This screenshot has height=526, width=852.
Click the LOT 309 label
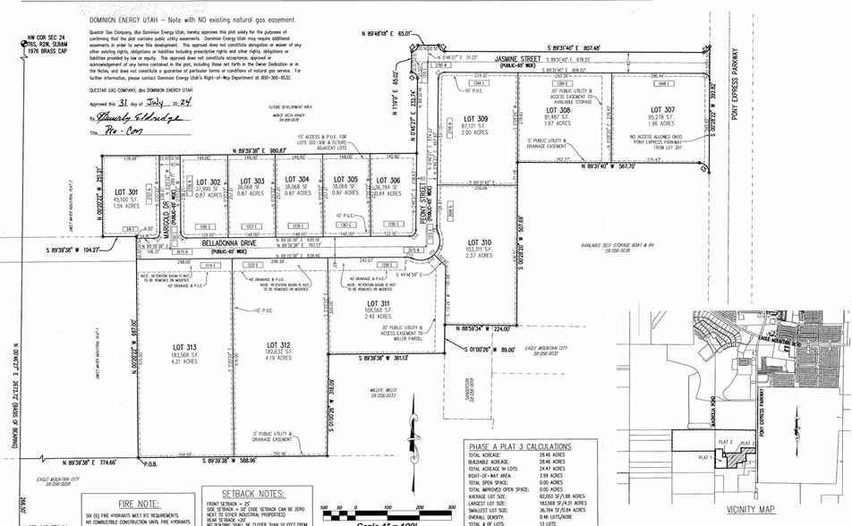click(x=475, y=119)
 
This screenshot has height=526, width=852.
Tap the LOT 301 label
click(x=126, y=191)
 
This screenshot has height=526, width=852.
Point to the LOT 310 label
click(x=480, y=242)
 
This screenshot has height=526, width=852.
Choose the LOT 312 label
click(x=279, y=345)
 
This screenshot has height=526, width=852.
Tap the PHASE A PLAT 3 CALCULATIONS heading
click(x=519, y=446)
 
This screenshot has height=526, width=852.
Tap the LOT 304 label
click(x=297, y=179)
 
